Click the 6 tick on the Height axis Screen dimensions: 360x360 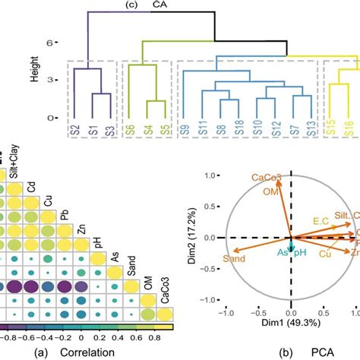click(x=52, y=43)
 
